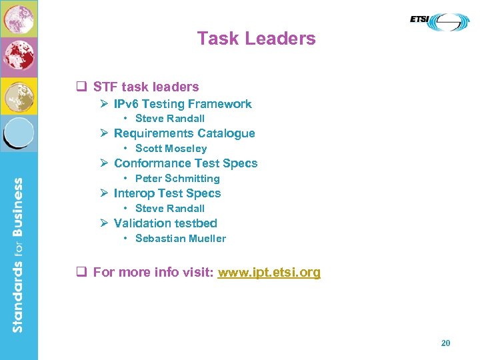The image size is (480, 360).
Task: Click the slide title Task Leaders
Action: [256, 39]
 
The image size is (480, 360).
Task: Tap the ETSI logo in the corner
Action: [439, 21]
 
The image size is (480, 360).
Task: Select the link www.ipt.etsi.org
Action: [269, 272]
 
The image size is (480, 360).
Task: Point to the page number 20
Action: [446, 343]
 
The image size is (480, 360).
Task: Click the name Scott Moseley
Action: [171, 149]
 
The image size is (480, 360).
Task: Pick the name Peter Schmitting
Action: [177, 179]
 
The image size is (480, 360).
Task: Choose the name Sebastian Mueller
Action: [180, 239]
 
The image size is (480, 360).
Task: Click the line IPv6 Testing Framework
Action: [182, 104]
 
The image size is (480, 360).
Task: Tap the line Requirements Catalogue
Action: [184, 133]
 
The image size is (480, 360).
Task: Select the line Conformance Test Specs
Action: [185, 163]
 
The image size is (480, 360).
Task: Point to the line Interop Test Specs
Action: [167, 193]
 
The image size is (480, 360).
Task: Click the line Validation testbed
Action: [165, 223]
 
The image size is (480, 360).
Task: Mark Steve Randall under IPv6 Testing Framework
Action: [169, 119]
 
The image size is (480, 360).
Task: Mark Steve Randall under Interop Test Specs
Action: [169, 209]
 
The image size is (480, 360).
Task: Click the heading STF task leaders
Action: [145, 87]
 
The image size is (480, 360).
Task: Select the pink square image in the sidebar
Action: [19, 19]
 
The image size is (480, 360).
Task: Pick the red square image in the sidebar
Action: [19, 57]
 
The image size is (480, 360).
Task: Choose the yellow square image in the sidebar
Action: [19, 96]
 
